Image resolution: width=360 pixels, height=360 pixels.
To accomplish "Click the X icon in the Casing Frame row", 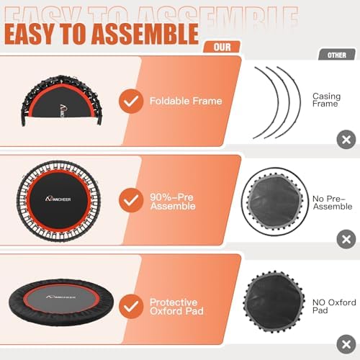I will (346, 139).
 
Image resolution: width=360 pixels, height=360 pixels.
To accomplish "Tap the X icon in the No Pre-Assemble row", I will (346, 238).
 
